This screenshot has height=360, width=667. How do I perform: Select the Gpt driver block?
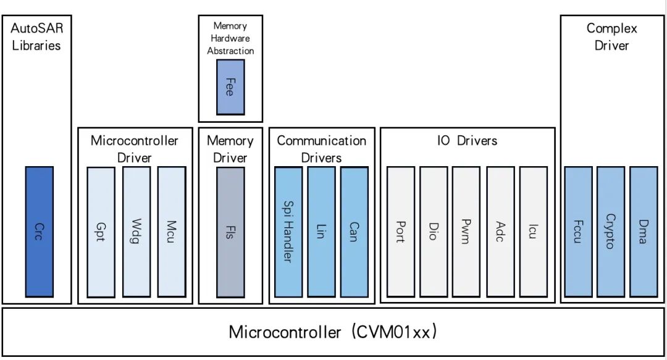point(101,232)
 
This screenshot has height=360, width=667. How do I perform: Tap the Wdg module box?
point(136,232)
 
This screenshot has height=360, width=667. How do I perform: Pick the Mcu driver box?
point(171,232)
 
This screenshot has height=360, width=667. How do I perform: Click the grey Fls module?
point(230,232)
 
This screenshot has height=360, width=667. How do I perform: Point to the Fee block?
point(230,87)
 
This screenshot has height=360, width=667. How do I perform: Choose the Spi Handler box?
point(287,232)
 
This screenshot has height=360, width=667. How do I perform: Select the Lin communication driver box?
point(321,232)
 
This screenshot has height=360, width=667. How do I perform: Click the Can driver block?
point(354,232)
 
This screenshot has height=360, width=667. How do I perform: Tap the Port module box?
point(400,232)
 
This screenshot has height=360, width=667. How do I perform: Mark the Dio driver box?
point(434,232)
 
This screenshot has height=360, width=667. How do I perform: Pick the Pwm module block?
point(466,232)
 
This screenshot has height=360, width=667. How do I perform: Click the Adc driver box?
point(500,232)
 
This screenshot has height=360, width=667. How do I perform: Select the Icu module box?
point(533,232)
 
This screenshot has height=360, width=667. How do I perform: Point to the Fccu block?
point(577,232)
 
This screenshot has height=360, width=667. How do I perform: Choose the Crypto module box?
point(610,232)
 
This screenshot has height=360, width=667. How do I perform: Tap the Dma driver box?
point(643,232)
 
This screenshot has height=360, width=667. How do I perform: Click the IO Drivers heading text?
point(467,141)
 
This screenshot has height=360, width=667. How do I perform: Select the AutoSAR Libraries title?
point(36,36)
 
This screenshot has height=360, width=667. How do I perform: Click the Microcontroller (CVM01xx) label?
point(333,332)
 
